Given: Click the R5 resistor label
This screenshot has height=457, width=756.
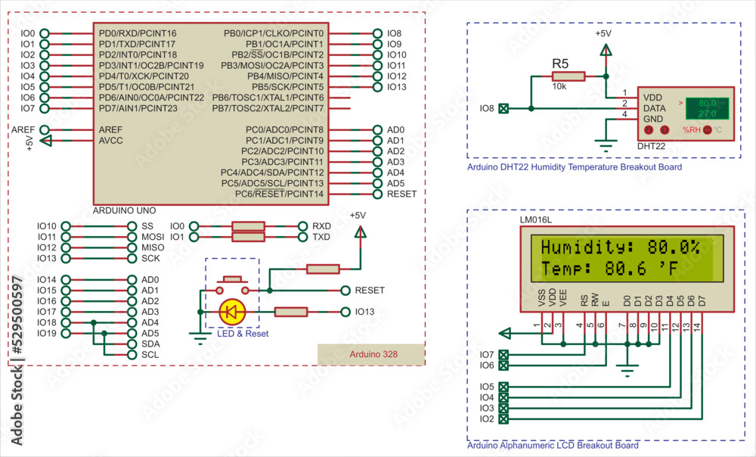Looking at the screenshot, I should click(x=560, y=63).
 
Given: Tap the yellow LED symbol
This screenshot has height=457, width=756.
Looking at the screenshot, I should click(x=231, y=312).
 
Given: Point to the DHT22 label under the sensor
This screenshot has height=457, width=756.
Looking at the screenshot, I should click(x=651, y=145).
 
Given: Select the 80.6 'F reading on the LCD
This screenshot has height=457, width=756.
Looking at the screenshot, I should click(x=641, y=269).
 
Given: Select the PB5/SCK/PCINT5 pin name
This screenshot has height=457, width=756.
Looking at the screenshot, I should click(x=287, y=87).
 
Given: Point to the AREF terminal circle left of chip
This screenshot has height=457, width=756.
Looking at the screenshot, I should click(x=45, y=130).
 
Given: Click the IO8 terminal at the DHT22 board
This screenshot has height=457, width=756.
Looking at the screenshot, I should click(x=504, y=109).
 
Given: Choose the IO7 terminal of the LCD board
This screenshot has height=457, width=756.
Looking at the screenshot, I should click(x=504, y=355).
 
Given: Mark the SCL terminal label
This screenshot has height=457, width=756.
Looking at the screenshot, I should click(x=150, y=354).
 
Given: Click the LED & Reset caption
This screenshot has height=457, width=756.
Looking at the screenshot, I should click(x=243, y=334).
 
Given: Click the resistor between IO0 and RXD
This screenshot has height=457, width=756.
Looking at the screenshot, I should click(x=247, y=226).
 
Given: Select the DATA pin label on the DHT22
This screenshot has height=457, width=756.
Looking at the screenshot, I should click(x=655, y=108).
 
